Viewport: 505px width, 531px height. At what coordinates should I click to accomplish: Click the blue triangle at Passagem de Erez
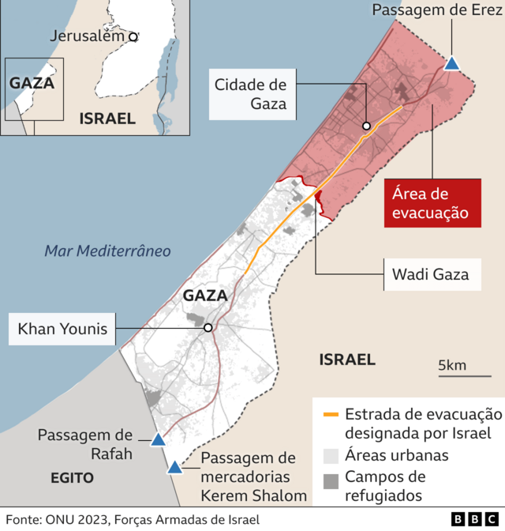pos(452,64)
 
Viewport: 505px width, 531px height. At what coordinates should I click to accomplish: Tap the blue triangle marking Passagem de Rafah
pos(158,440)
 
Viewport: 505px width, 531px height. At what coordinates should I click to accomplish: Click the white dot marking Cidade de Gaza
pos(367,126)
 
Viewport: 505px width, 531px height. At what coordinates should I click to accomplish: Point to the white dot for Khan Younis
pos(208,328)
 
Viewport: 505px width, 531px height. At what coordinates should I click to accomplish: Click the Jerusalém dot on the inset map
pos(133,36)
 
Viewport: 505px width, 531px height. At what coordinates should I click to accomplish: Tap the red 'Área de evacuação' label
pos(432,203)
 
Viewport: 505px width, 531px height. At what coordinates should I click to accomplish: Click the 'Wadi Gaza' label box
pos(430,274)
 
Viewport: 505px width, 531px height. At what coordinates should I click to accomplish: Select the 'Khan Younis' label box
pos(62,329)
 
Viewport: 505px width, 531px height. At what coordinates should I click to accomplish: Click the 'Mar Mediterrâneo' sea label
pos(107,251)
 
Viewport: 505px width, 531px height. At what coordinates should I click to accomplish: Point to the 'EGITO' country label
pos(72,478)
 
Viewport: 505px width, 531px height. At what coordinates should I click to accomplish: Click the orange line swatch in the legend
pos(331,414)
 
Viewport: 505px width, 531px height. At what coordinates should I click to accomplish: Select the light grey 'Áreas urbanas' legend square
pos(331,455)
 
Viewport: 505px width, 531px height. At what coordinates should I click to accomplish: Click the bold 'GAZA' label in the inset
pos(32,82)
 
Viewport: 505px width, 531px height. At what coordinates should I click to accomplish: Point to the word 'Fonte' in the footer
pos(24,519)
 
